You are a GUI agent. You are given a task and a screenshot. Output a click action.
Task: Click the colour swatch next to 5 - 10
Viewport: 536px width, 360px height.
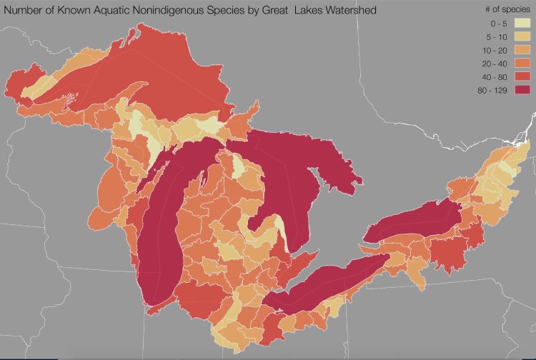click(x=522, y=35)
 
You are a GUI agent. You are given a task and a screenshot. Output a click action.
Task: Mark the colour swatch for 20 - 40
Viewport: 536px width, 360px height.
click(x=522, y=62)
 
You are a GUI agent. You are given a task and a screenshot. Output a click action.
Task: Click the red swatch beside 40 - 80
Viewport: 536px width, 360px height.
click(x=522, y=76)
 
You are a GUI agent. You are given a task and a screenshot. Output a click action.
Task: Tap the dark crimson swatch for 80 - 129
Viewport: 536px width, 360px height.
click(x=522, y=89)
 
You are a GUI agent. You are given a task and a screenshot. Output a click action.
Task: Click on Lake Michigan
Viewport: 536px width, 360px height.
click(x=161, y=236)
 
